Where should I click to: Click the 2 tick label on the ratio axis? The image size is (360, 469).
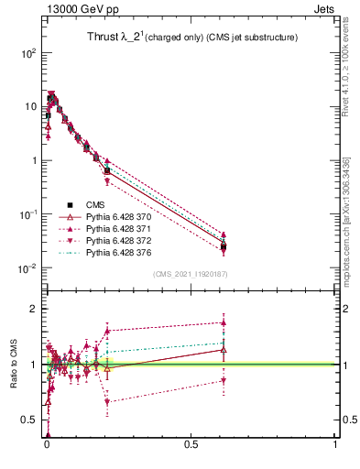click(x=32, y=309)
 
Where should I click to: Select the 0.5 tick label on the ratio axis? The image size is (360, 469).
click(x=28, y=420)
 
